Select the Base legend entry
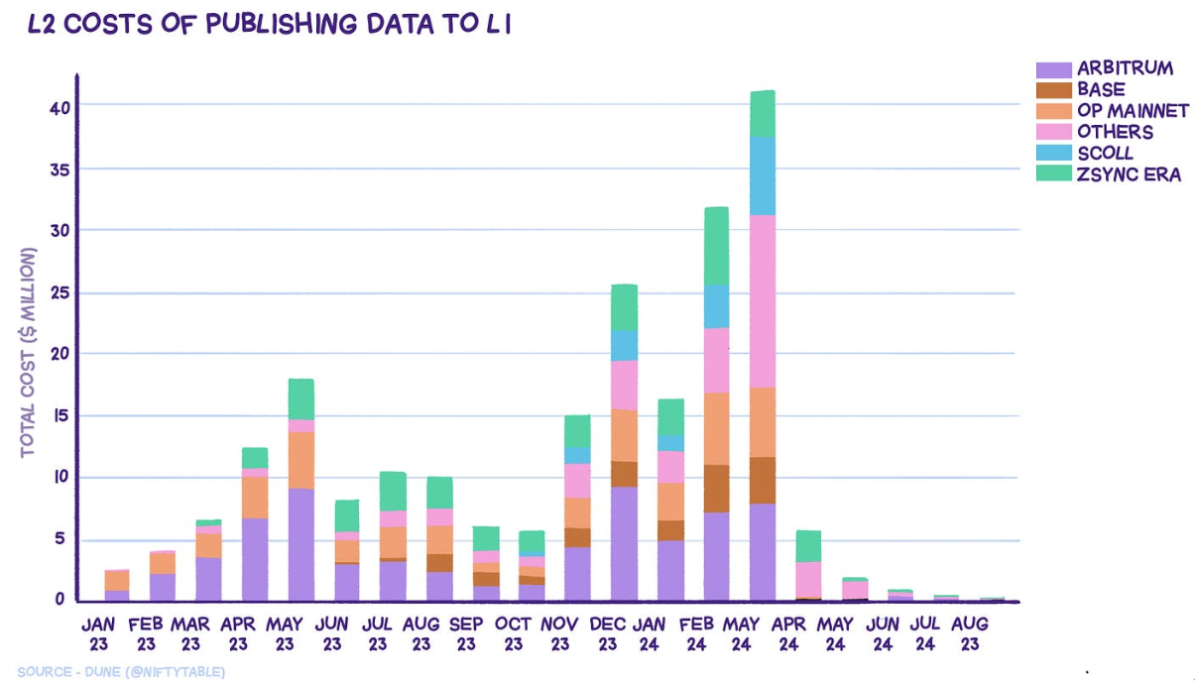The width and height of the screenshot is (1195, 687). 1101,89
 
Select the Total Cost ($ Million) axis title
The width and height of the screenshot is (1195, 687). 28,352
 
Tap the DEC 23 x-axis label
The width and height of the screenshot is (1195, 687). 607,634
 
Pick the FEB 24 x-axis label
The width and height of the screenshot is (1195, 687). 699,634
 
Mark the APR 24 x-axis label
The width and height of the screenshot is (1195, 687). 789,634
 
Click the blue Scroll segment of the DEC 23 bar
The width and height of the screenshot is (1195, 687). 624,345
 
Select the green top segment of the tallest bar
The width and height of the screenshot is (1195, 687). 762,113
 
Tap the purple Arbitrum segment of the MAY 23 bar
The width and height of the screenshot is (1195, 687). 300,544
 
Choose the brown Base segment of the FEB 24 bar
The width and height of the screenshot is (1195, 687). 716,488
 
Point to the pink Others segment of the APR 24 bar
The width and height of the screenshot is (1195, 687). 808,579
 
